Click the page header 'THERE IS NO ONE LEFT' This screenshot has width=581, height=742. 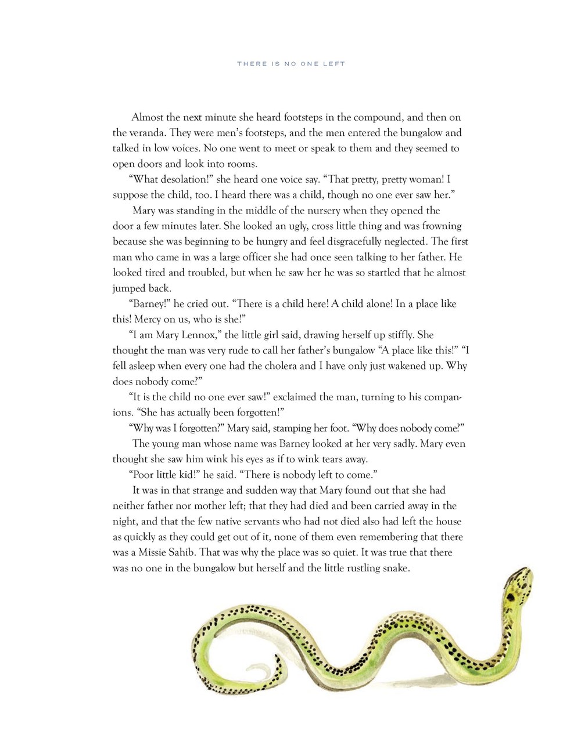click(x=290, y=64)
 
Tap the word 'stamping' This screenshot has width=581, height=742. click(x=287, y=428)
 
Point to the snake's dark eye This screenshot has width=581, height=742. click(x=512, y=596)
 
